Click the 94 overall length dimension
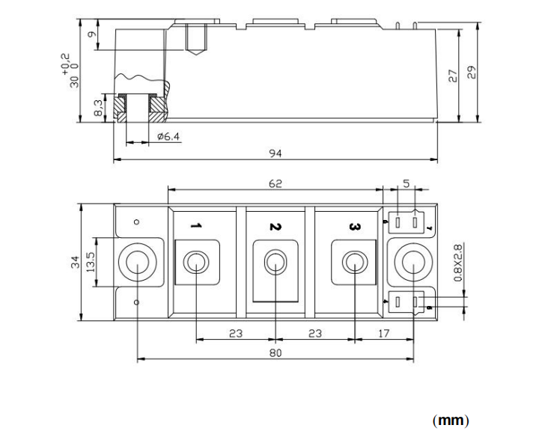tap(275, 153)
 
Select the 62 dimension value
tap(275, 183)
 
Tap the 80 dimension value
tap(275, 353)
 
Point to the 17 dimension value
tap(384, 334)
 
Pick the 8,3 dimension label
tap(98, 108)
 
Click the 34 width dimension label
tap(75, 262)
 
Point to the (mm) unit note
tap(451, 420)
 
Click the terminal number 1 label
tap(195, 225)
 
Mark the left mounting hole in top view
tap(138, 263)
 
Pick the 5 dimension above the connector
tap(406, 183)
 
